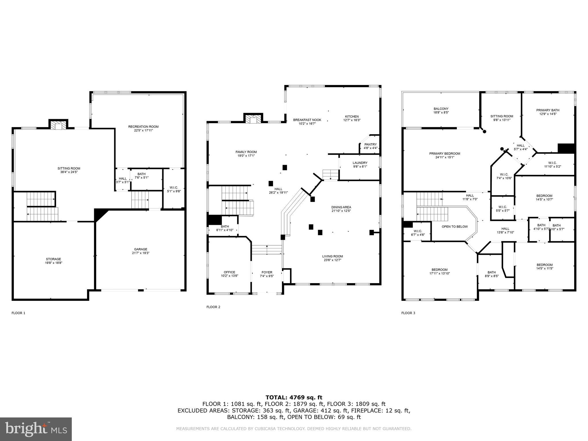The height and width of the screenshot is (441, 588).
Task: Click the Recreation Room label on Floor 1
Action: (x=143, y=127)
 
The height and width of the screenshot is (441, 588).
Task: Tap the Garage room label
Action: (x=140, y=249)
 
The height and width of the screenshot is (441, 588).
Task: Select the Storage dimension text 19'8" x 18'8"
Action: (x=53, y=263)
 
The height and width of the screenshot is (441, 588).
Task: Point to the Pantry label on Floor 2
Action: (x=370, y=144)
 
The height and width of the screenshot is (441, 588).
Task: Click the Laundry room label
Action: (x=360, y=163)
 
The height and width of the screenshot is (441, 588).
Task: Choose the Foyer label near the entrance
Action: (x=267, y=272)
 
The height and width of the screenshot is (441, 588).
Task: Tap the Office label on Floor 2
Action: (x=229, y=272)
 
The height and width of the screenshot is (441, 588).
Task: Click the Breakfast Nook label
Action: (x=307, y=120)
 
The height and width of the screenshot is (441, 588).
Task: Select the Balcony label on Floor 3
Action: (x=441, y=109)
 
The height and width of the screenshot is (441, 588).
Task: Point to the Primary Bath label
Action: (x=548, y=110)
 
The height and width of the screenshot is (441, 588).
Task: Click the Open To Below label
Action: (x=454, y=227)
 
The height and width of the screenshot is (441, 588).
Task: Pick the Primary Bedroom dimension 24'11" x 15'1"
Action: (x=444, y=157)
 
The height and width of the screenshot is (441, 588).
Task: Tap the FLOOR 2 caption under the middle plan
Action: (x=213, y=307)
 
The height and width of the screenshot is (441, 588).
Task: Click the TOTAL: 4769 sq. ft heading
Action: (x=294, y=397)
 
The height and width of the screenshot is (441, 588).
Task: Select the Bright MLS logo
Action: (x=36, y=429)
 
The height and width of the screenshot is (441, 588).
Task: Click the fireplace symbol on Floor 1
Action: (x=58, y=125)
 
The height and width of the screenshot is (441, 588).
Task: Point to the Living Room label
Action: (x=332, y=256)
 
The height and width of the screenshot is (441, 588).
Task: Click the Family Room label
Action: (x=246, y=152)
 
